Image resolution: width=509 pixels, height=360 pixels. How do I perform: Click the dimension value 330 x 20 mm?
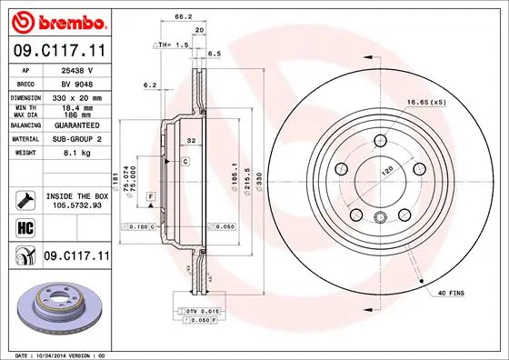coord(72,96)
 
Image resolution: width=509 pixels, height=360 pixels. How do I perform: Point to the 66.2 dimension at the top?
coord(183,16)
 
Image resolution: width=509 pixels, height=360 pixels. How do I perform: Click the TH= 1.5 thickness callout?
coord(171,44)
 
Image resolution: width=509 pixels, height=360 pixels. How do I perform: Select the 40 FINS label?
coord(451,293)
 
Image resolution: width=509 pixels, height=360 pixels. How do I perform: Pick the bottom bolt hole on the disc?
coord(377,215)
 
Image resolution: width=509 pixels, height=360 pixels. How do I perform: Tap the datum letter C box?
coord(185,161)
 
